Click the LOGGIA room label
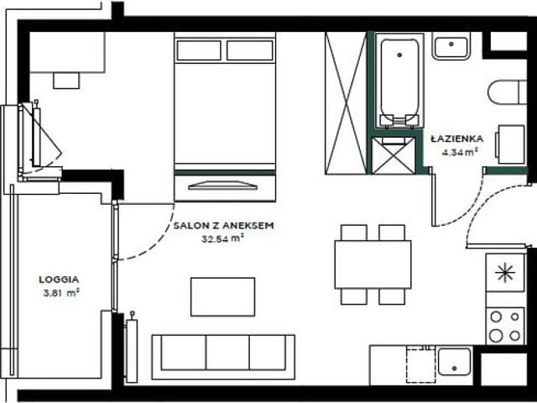click(59, 280)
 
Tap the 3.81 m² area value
click(61, 293)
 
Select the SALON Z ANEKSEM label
click(224, 226)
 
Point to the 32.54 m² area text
click(222, 238)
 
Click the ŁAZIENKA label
click(457, 139)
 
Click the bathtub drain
click(399, 55)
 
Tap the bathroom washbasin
click(451, 46)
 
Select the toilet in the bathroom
click(507, 92)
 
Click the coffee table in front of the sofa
click(222, 296)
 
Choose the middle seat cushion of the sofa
click(227, 353)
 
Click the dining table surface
click(373, 264)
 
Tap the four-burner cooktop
click(505, 327)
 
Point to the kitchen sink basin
click(455, 362)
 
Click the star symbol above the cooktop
click(505, 273)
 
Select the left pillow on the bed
click(199, 50)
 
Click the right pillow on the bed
click(250, 50)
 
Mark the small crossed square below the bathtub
click(394, 155)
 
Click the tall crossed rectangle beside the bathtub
click(347, 103)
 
